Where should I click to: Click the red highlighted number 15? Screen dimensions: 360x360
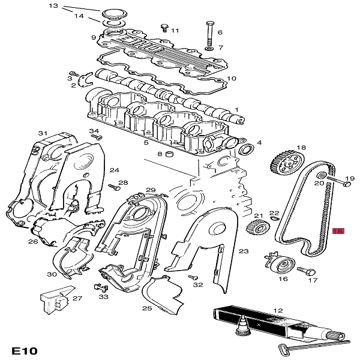[x=338, y=231]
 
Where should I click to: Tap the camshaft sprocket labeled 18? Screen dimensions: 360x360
[x=287, y=164]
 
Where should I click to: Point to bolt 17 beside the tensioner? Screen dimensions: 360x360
[x=307, y=271]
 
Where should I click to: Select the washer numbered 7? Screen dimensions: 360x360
[x=209, y=49]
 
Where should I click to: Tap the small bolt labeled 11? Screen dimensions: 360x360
[x=164, y=28]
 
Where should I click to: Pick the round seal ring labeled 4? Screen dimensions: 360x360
[x=247, y=149]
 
